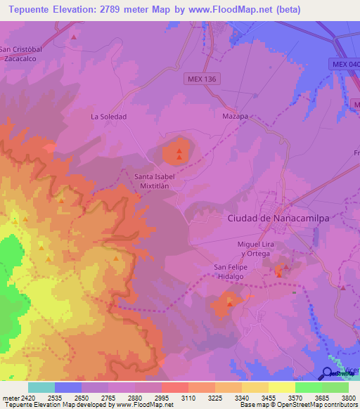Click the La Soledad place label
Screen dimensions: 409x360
pyautogui.click(x=109, y=117)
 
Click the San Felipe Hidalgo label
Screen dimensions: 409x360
pyautogui.click(x=233, y=272)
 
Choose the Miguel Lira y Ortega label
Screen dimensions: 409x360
pyautogui.click(x=258, y=248)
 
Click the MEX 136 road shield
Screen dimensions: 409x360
pyautogui.click(x=202, y=79)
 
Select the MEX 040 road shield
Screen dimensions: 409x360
pyautogui.click(x=344, y=64)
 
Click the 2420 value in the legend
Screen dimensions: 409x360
pyautogui.click(x=28, y=396)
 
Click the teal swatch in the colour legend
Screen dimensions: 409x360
pyautogui.click(x=41, y=387)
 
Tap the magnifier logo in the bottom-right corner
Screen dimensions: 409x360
pyautogui.click(x=328, y=373)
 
